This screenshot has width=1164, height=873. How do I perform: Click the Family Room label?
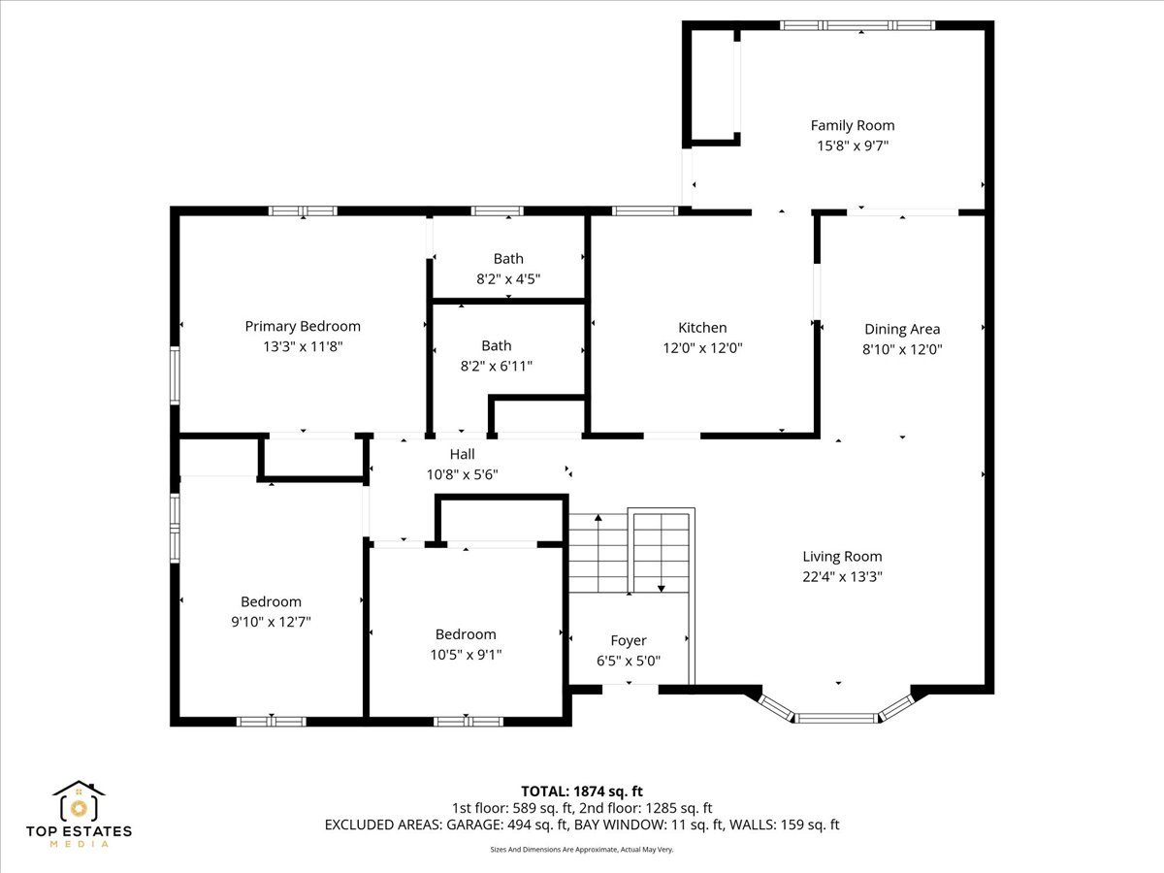pyautogui.click(x=853, y=126)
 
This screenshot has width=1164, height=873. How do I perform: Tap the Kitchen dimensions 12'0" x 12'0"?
pyautogui.click(x=702, y=348)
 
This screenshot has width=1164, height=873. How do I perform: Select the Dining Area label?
pyautogui.click(x=902, y=329)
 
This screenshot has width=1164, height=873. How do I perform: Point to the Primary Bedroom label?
pyautogui.click(x=303, y=327)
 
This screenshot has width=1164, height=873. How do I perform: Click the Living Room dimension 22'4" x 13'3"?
pyautogui.click(x=842, y=577)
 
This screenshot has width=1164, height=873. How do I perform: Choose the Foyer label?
pyautogui.click(x=629, y=641)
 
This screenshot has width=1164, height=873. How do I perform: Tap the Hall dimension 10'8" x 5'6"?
pyautogui.click(x=463, y=474)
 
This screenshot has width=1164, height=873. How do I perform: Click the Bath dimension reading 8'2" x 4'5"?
pyautogui.click(x=508, y=278)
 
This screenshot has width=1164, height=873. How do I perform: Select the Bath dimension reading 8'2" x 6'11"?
pyautogui.click(x=497, y=366)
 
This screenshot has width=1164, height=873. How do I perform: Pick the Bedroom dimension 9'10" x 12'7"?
pyautogui.click(x=271, y=621)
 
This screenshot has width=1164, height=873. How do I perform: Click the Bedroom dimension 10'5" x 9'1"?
pyautogui.click(x=466, y=655)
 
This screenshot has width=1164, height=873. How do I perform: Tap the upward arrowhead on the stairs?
pyautogui.click(x=598, y=517)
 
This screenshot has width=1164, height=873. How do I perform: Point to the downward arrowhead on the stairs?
pyautogui.click(x=662, y=588)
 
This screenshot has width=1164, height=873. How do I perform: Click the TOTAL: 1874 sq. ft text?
pyautogui.click(x=582, y=792)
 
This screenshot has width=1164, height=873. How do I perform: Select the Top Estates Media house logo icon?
pyautogui.click(x=79, y=800)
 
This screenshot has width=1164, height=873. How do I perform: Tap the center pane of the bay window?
pyautogui.click(x=836, y=718)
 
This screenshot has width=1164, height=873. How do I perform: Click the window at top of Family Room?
pyautogui.click(x=857, y=25)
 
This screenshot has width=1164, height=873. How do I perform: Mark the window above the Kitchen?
pyautogui.click(x=645, y=210)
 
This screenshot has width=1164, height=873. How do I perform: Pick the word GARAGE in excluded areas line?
pyautogui.click(x=474, y=824)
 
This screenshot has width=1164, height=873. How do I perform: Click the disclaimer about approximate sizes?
pyautogui.click(x=582, y=850)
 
